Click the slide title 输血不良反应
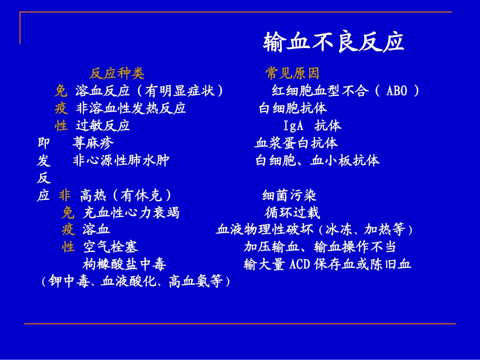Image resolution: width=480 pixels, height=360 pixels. click(x=333, y=42)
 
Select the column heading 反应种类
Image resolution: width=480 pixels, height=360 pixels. click(x=117, y=74)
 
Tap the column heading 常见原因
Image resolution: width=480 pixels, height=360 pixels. click(x=293, y=74)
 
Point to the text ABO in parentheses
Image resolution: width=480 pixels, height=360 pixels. click(x=397, y=91)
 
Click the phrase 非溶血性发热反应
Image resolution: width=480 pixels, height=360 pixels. click(x=131, y=109)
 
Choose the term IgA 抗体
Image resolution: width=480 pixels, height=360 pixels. click(x=312, y=126)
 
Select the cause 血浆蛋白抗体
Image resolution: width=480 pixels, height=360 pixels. click(x=296, y=143)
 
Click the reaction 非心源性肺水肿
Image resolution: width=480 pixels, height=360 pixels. click(x=121, y=161)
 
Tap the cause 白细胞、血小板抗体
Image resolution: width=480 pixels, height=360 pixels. click(x=317, y=161)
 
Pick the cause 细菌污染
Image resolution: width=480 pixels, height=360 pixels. click(x=290, y=195)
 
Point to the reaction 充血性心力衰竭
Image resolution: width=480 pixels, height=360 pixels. click(x=131, y=213)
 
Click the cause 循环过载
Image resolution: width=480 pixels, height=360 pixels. click(x=293, y=213)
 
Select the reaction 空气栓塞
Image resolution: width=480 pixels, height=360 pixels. click(x=110, y=247)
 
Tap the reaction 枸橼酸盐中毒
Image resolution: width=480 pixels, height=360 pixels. click(x=124, y=264)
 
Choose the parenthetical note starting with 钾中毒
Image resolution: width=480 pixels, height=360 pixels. click(x=136, y=282)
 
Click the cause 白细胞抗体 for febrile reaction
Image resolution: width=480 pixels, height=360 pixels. click(x=293, y=109)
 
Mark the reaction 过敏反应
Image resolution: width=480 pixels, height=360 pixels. click(x=103, y=126)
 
